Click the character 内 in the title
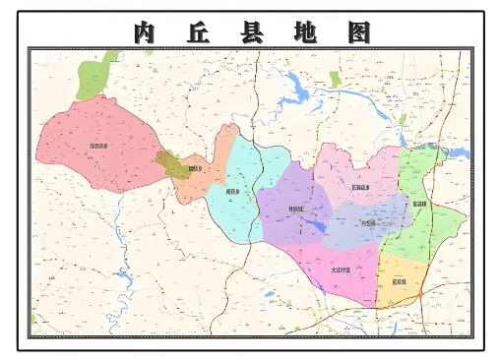145,32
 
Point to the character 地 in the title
305,32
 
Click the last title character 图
358,32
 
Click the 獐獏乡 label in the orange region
195,169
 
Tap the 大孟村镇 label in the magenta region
342,268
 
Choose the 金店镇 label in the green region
420,204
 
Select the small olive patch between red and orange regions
171,163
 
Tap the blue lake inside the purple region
314,227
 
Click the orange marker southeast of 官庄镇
420,294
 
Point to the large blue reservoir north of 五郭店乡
296,94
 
